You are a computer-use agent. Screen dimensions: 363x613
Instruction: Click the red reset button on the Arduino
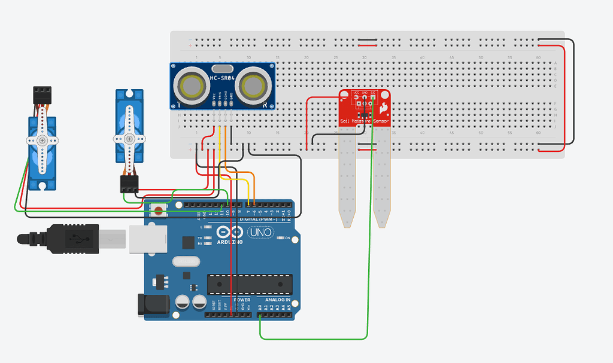[159, 210]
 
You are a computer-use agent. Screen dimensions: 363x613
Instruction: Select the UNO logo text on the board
[261, 231]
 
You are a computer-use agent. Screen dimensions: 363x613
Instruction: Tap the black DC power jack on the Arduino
[151, 303]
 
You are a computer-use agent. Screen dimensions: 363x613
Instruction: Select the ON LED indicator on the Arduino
[281, 239]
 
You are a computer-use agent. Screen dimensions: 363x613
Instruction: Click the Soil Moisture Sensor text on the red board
[364, 121]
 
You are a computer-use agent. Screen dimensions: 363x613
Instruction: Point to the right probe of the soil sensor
[381, 185]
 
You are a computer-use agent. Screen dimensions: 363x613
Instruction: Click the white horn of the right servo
[129, 138]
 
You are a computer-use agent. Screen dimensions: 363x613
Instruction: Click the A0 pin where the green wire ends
[260, 314]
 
